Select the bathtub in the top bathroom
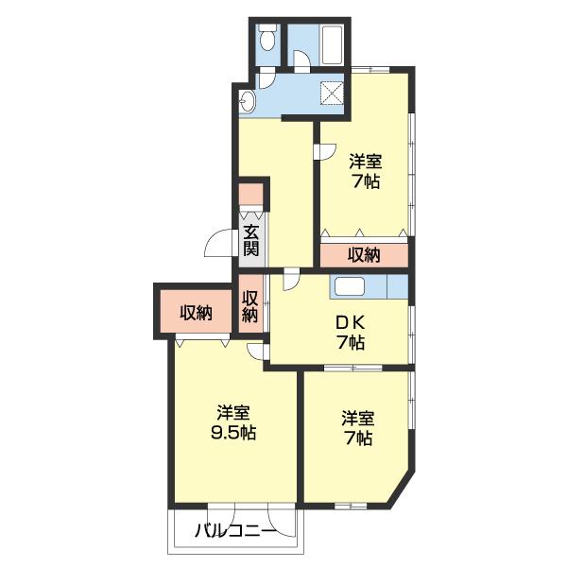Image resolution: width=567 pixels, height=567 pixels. click(332, 44)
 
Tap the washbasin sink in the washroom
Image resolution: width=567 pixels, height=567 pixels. click(248, 100)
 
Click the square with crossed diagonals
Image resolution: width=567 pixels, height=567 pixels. click(332, 91)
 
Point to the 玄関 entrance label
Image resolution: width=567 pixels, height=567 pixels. click(251, 240)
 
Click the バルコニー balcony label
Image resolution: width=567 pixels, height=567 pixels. click(236, 531)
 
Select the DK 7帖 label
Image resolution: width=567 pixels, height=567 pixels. click(351, 333)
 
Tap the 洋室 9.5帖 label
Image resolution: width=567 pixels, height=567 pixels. click(233, 422)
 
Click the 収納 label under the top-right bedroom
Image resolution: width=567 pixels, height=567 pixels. click(364, 255)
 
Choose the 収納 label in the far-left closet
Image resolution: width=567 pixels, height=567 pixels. click(196, 313)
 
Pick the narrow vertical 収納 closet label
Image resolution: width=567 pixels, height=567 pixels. click(250, 306)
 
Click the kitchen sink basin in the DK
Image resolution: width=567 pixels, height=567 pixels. click(350, 286)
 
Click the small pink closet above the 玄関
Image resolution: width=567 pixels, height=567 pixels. click(251, 194)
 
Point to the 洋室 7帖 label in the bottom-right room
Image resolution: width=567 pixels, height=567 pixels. click(357, 428)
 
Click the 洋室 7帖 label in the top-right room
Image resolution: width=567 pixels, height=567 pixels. click(365, 171)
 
